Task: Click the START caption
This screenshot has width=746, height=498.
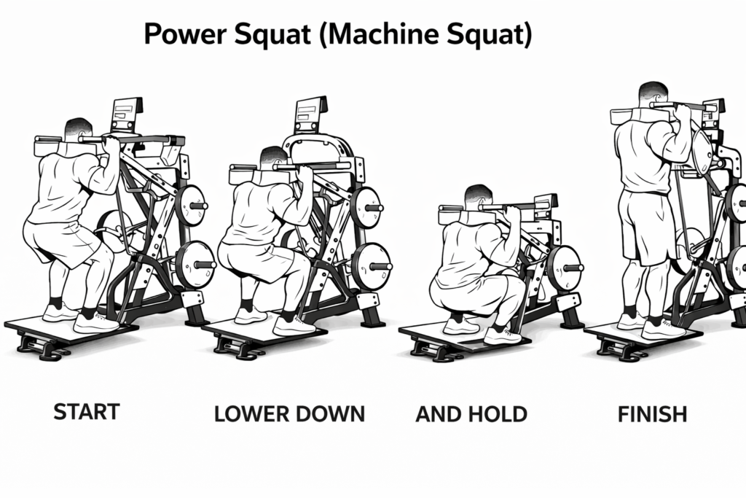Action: pyautogui.click(x=87, y=413)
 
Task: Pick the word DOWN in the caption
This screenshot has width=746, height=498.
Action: pyautogui.click(x=329, y=414)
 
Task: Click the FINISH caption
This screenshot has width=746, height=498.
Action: pyautogui.click(x=652, y=414)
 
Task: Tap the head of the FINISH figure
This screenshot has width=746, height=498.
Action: pyautogui.click(x=652, y=94)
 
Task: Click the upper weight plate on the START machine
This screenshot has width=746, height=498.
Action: pyautogui.click(x=192, y=206)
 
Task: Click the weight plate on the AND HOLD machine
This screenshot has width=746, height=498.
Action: pyautogui.click(x=564, y=267)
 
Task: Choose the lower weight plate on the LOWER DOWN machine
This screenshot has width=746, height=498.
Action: pyautogui.click(x=371, y=265)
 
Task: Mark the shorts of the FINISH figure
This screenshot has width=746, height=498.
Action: pyautogui.click(x=641, y=226)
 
